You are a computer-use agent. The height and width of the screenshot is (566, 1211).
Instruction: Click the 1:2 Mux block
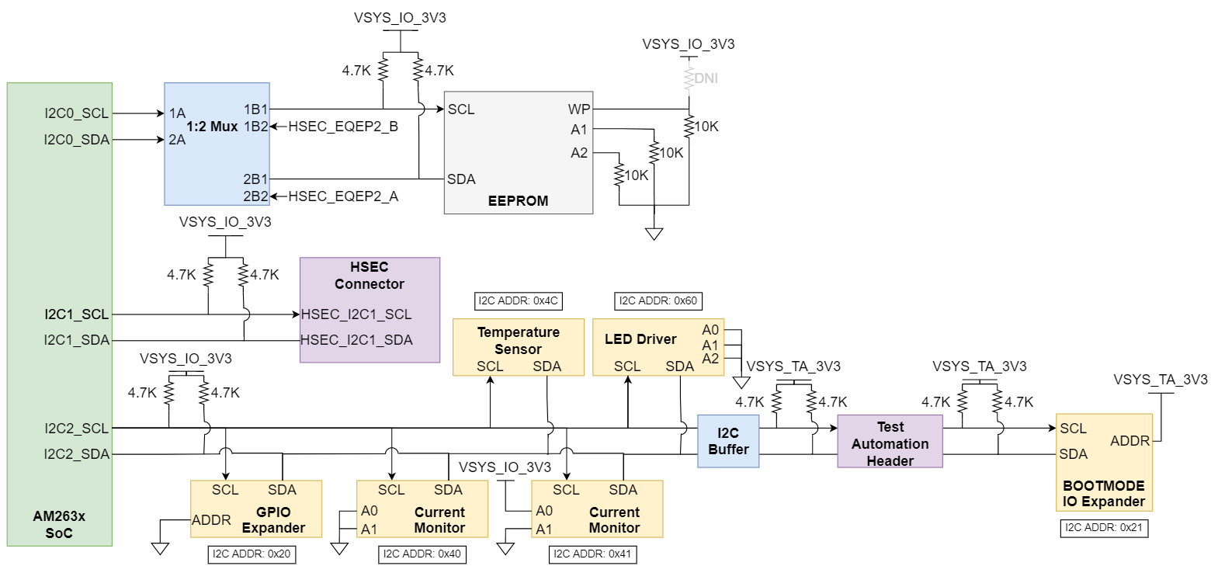pyautogui.click(x=217, y=144)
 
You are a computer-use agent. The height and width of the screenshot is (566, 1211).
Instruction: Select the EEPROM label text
pyautogui.click(x=518, y=201)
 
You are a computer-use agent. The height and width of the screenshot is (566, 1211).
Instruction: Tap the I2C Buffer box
pyautogui.click(x=728, y=441)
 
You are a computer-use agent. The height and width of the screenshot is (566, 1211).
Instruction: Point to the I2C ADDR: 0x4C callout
pyautogui.click(x=518, y=301)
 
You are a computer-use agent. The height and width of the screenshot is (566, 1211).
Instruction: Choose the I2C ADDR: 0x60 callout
pyautogui.click(x=658, y=301)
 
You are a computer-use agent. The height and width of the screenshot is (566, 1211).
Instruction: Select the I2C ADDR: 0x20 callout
pyautogui.click(x=252, y=554)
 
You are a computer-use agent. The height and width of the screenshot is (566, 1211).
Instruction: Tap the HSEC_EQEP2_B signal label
pyautogui.click(x=343, y=127)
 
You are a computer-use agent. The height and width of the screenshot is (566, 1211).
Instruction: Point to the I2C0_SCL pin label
pyautogui.click(x=76, y=113)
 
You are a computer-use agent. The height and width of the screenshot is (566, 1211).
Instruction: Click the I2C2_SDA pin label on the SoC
pyautogui.click(x=76, y=454)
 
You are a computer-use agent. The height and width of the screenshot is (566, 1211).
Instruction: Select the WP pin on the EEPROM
pyautogui.click(x=578, y=109)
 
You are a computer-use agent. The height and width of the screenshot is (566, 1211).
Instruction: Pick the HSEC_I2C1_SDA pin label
pyautogui.click(x=357, y=340)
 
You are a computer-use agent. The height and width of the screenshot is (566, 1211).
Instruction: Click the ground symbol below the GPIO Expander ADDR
pyautogui.click(x=160, y=548)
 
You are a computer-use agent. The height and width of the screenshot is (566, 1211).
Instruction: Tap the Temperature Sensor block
pyautogui.click(x=518, y=347)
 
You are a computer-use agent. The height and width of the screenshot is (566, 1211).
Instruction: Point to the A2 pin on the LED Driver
pyautogui.click(x=710, y=358)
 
